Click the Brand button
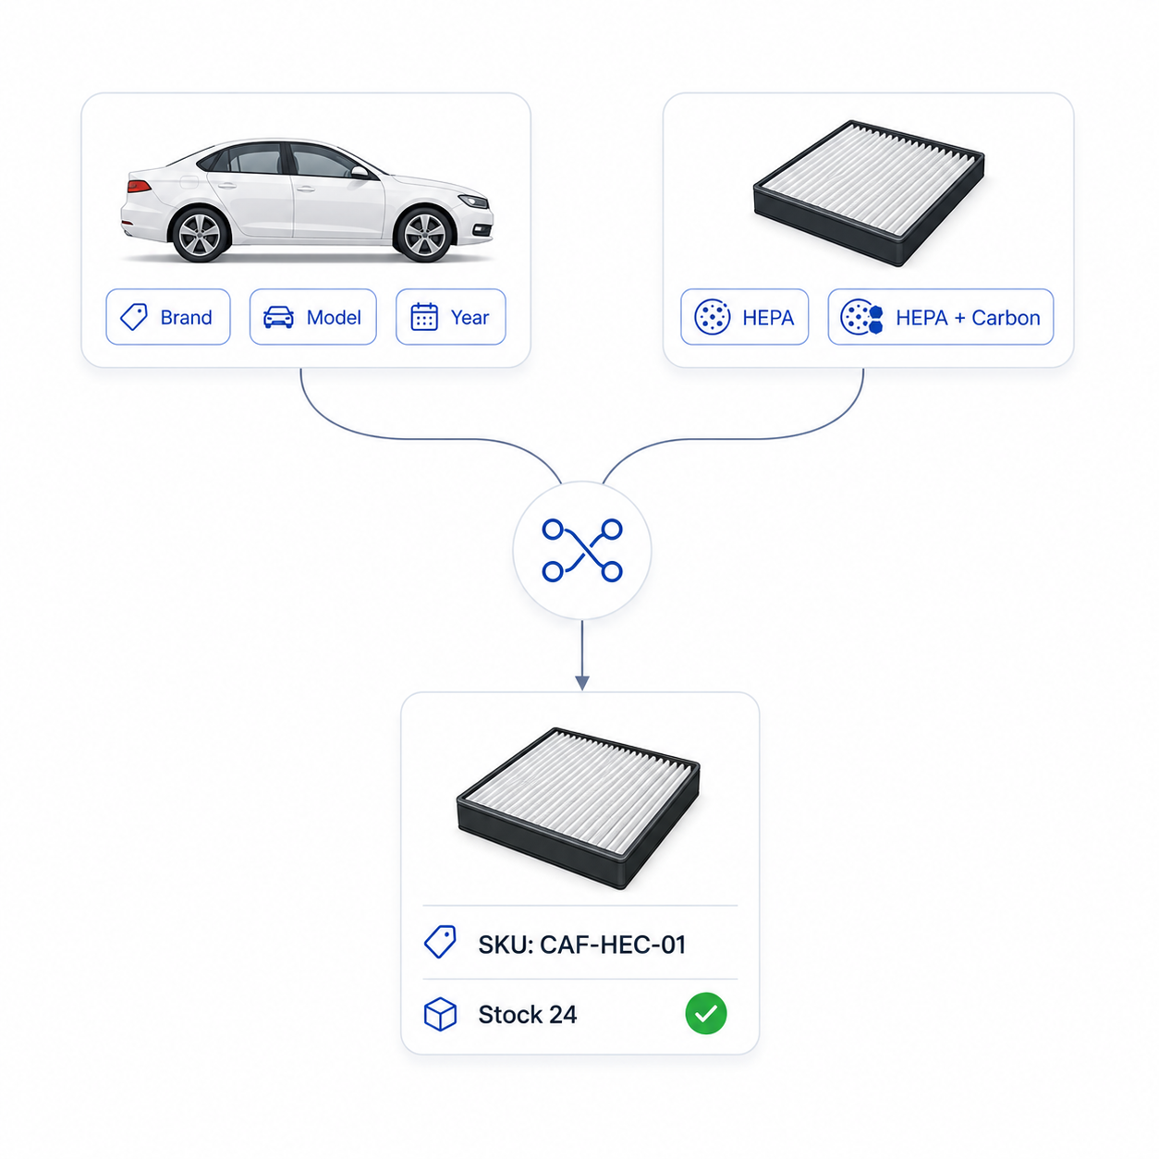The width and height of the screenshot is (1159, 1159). [168, 317]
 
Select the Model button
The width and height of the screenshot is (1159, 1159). [312, 317]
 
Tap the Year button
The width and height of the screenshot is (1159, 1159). [450, 317]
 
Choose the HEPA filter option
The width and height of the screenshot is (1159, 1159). [744, 317]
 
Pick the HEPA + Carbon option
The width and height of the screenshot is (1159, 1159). [940, 317]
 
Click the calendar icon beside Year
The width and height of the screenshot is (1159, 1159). [424, 317]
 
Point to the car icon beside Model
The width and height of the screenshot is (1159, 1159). [278, 317]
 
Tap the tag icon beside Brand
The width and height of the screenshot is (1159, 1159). [133, 317]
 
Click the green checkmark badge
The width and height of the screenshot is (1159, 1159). [705, 1014]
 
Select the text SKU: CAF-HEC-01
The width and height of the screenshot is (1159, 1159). [581, 945]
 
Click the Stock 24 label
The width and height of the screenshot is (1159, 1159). [528, 1015]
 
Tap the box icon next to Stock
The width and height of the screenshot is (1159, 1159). [440, 1015]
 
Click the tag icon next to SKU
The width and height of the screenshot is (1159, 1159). [440, 942]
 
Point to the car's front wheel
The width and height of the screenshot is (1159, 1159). [424, 235]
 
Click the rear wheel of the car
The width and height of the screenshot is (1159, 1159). [201, 235]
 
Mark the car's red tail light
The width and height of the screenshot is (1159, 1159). [139, 186]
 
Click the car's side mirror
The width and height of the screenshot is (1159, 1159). [360, 173]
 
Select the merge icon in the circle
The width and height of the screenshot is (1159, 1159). [581, 550]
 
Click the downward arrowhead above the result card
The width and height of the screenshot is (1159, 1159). [581, 683]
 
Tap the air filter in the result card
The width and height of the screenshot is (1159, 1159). [578, 809]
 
